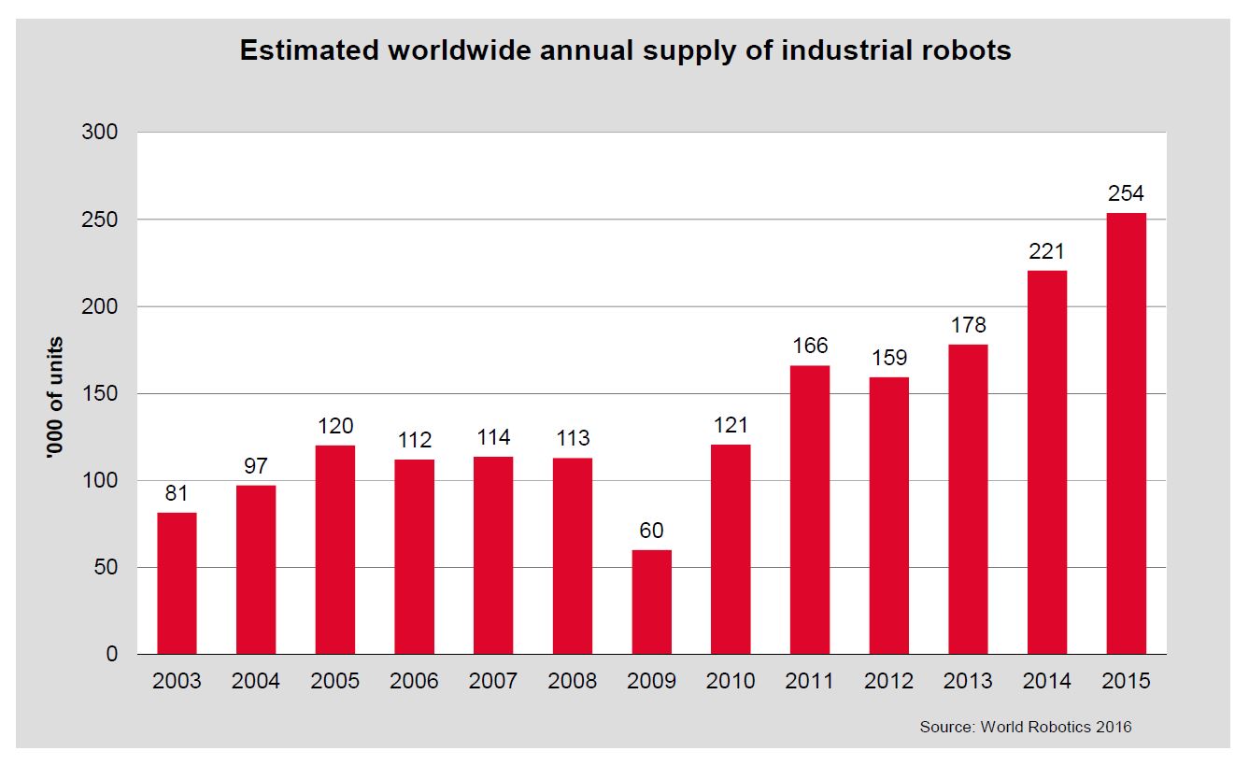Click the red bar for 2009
651,602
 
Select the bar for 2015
1126,433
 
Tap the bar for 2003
177,583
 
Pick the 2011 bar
810,509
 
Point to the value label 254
1126,194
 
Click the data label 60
651,531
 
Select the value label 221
1047,251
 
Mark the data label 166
810,346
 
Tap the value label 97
256,466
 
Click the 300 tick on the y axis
100,133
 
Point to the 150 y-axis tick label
100,393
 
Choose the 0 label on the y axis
112,654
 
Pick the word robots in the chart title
965,50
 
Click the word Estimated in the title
307,50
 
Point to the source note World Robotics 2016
1025,727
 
